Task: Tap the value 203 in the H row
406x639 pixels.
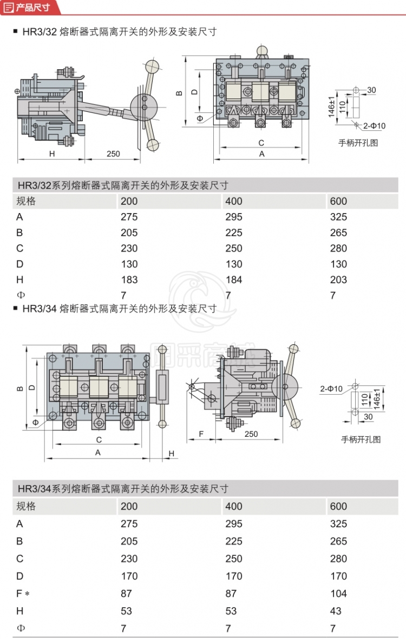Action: coord(338,279)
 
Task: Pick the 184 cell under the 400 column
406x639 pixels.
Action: coord(234,279)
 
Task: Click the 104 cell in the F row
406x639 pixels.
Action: coord(338,594)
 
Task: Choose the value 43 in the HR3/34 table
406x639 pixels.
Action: coord(336,611)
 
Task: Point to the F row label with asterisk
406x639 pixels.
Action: coord(22,594)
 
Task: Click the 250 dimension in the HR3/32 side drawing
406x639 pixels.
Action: coord(113,154)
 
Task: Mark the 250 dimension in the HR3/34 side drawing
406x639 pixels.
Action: coord(251,434)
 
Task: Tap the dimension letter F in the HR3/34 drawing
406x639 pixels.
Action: coord(201,434)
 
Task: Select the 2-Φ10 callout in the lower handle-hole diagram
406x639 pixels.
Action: coord(331,388)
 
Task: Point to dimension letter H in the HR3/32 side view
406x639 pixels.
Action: coord(52,154)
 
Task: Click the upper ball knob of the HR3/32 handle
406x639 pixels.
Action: coord(152,66)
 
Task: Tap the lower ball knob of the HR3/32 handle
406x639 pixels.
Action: coord(153,144)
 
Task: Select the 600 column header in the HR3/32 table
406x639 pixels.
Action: coord(338,201)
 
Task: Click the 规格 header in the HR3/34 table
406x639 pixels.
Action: coord(26,507)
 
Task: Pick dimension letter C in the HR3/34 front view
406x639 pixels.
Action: coord(99,440)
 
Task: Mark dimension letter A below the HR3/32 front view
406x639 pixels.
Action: coord(261,154)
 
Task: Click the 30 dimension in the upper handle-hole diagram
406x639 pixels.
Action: coord(371,90)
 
